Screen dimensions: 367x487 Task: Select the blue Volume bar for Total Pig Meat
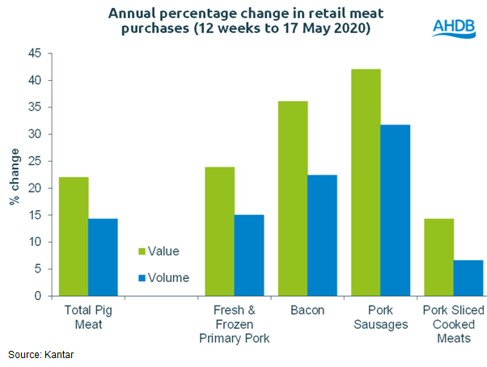click(x=103, y=257)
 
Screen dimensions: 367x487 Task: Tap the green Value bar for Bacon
click(x=293, y=198)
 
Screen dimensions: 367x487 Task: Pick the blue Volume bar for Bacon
click(x=322, y=235)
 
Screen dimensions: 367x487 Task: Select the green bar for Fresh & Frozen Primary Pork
click(x=220, y=231)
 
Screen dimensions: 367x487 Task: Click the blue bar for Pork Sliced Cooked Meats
click(x=468, y=277)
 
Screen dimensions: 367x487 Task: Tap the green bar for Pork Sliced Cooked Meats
click(x=438, y=257)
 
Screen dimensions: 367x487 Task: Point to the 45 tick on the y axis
click(x=34, y=53)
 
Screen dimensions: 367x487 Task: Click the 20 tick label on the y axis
click(x=34, y=188)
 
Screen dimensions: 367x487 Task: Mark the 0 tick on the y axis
click(x=37, y=297)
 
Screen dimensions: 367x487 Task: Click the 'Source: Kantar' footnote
click(x=41, y=354)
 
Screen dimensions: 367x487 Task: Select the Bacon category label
click(x=307, y=310)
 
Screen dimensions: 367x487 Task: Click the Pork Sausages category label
click(x=380, y=317)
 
